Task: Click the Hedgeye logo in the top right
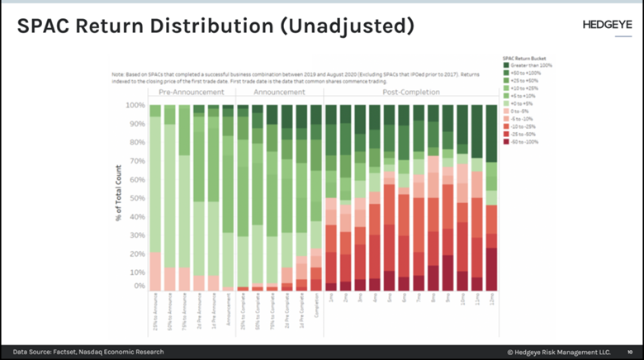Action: (x=598, y=23)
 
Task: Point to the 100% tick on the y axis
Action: (x=135, y=106)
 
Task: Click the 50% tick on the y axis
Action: (x=136, y=197)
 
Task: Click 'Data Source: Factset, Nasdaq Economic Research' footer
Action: (x=87, y=352)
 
